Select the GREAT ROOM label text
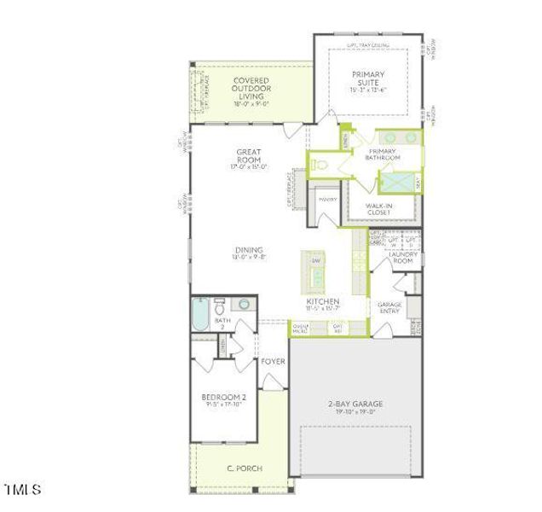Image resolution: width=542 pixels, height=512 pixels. (x=249, y=156)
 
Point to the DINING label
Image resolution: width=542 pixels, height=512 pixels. (x=249, y=250)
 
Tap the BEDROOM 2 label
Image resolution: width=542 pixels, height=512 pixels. (x=223, y=398)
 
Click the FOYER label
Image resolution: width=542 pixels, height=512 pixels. (x=273, y=361)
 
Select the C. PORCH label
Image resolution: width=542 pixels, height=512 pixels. (x=244, y=468)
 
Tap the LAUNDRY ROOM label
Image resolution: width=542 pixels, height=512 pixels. (x=401, y=256)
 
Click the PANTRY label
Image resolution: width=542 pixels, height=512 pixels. (x=327, y=200)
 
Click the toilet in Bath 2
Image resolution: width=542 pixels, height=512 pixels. (x=219, y=305)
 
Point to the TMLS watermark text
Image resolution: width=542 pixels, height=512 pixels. (x=23, y=490)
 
